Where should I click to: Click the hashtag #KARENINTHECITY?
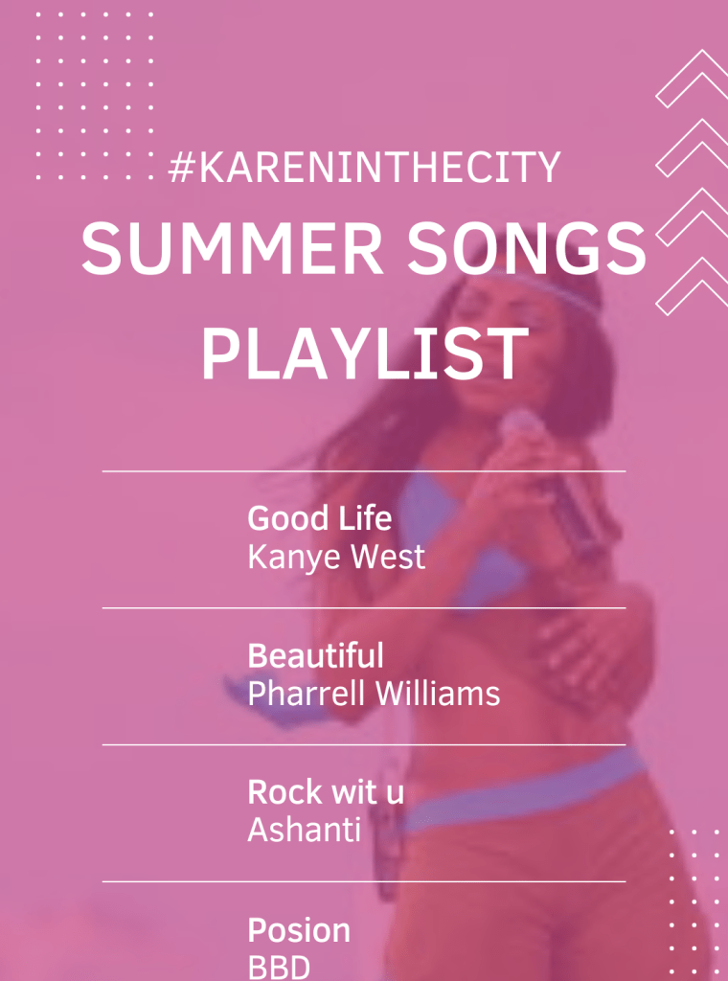point(364,168)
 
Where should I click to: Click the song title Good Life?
point(319,518)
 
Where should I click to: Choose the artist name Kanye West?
point(336,557)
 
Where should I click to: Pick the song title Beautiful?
point(315,656)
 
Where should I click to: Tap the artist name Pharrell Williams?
point(374,694)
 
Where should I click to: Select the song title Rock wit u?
point(326,792)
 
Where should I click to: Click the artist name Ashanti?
point(304,830)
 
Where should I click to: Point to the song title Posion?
point(299,930)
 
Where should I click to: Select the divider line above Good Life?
point(364,471)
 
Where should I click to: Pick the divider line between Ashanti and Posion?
point(364,881)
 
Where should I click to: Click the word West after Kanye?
point(388,557)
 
